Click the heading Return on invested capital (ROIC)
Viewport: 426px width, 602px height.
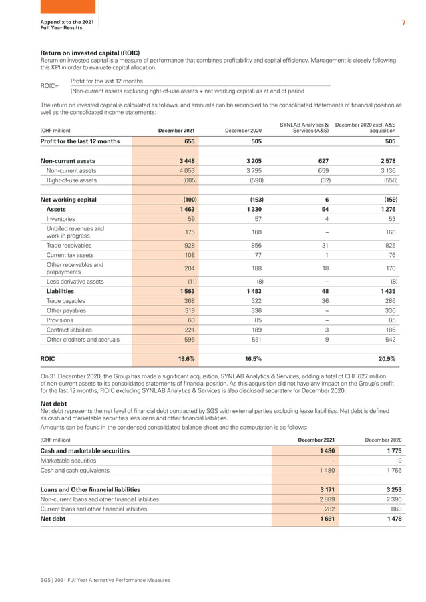90,53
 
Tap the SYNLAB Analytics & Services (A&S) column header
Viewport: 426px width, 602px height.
304,127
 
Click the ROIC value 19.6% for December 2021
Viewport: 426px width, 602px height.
185,358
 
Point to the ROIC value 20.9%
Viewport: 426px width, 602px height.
387,358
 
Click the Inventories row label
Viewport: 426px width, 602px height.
61,218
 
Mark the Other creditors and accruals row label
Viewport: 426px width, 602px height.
83,339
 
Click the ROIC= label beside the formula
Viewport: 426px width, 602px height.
49,87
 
